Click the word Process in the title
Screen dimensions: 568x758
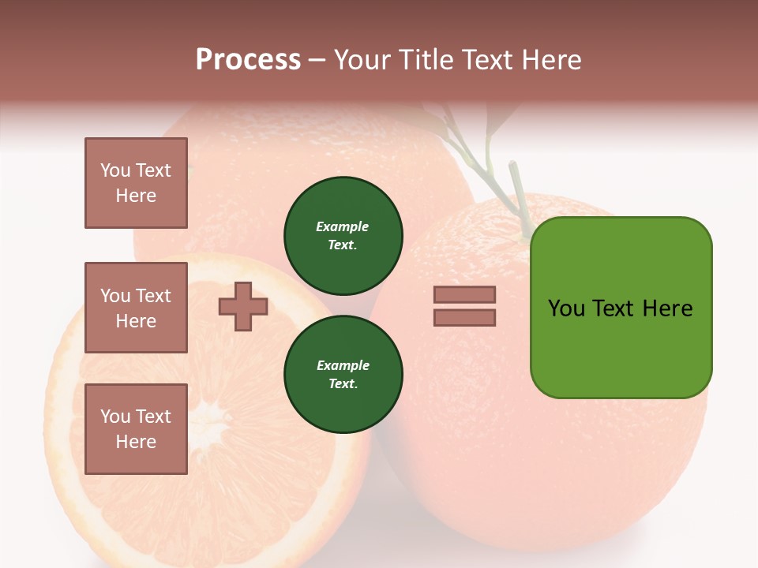(x=248, y=60)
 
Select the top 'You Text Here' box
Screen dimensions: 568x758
(x=136, y=183)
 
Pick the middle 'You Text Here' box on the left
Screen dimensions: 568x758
(x=136, y=308)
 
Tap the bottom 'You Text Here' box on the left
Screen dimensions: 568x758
(x=136, y=429)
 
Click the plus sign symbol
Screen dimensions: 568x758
(x=243, y=306)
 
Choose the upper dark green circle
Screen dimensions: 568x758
(x=343, y=236)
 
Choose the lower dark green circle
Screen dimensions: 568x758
(x=343, y=375)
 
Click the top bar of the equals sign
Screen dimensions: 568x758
(x=464, y=294)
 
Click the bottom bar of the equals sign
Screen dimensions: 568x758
(x=464, y=318)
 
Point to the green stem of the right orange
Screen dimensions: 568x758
(x=520, y=189)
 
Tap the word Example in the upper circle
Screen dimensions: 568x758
(x=342, y=226)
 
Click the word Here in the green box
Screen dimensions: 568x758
(x=667, y=308)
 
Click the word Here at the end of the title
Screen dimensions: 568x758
(x=547, y=60)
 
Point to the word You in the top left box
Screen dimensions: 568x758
(x=115, y=170)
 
